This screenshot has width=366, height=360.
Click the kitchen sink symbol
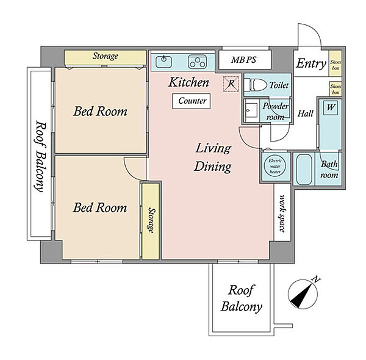[163, 61]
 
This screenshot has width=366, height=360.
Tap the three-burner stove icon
[197, 62]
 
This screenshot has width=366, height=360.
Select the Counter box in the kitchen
[191, 101]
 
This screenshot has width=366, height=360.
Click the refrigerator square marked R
[231, 84]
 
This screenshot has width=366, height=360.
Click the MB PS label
[243, 60]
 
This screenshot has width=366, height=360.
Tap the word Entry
[311, 63]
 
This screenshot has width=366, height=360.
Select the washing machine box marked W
[331, 108]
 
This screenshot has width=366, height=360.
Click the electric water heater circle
[275, 166]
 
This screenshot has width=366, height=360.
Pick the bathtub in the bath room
[304, 169]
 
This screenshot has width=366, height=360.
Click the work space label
[282, 213]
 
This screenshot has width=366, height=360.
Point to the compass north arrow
[303, 294]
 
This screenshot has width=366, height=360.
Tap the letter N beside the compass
[316, 279]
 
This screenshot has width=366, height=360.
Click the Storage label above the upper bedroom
[106, 56]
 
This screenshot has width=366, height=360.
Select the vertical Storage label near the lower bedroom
[151, 220]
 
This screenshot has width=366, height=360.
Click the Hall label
[306, 113]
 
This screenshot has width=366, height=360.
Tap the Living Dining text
[213, 157]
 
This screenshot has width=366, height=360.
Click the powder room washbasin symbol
[251, 110]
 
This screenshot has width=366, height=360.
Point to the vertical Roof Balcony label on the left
[40, 156]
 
